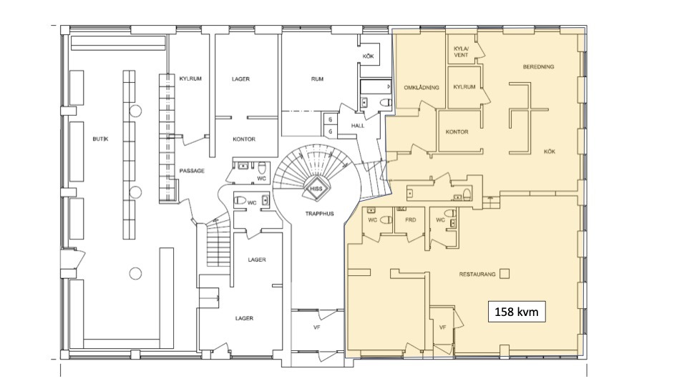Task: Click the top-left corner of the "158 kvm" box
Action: click(x=489, y=301)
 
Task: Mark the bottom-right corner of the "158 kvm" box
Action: click(x=545, y=322)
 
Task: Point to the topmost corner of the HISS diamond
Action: click(x=316, y=179)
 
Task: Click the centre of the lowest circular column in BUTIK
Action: click(x=135, y=274)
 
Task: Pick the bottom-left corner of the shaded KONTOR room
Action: click(x=439, y=152)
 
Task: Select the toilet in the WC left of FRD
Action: click(x=386, y=219)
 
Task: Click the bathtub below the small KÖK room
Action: click(x=376, y=86)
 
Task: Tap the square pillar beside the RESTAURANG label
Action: click(x=505, y=274)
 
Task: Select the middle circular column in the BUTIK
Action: click(x=135, y=192)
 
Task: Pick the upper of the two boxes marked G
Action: click(x=330, y=119)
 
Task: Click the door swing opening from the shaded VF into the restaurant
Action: click(x=458, y=317)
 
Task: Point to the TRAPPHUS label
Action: click(x=319, y=214)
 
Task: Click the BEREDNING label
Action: click(x=538, y=67)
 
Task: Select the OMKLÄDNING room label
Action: click(x=421, y=87)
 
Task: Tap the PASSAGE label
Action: click(x=192, y=171)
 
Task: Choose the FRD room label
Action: click(x=410, y=219)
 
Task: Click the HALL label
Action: click(x=358, y=126)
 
